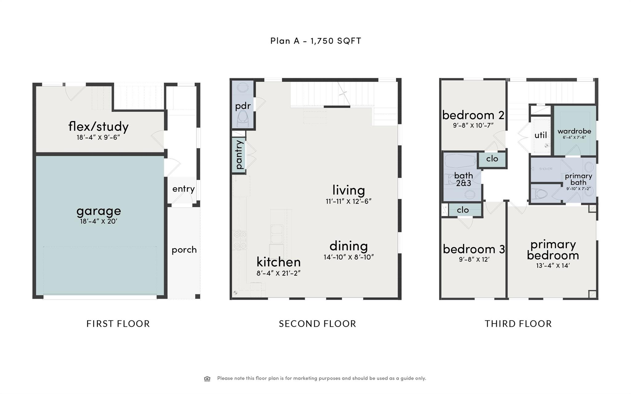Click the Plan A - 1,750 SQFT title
(315, 41)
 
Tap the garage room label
(99, 211)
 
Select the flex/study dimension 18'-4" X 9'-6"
(98, 137)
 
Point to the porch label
(184, 250)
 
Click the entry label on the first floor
(183, 189)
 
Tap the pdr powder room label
(243, 106)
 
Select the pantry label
(239, 155)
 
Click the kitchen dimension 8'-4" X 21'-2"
(278, 273)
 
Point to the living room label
(348, 190)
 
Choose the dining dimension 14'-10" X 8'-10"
(348, 257)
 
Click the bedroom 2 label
(473, 115)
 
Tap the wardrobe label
(574, 131)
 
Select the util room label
(540, 135)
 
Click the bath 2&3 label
(463, 179)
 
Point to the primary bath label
(578, 179)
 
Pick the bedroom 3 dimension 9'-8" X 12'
(474, 259)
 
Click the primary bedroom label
(553, 250)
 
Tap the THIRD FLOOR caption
(518, 324)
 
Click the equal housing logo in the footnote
(207, 379)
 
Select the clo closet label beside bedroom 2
(492, 159)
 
